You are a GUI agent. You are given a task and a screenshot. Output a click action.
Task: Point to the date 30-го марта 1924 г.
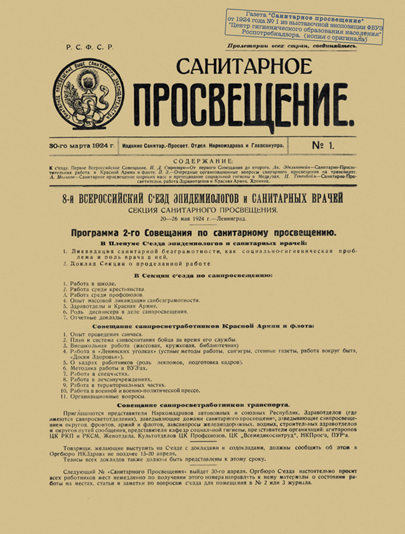(x=81, y=145)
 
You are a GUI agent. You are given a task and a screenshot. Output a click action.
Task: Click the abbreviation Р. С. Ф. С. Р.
(x=90, y=48)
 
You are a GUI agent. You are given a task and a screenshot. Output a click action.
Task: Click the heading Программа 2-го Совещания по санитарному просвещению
(x=202, y=232)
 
